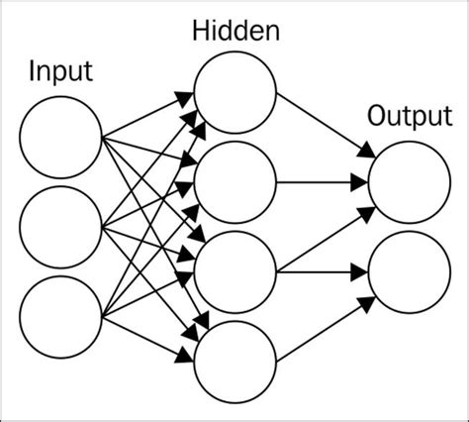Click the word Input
coord(60,72)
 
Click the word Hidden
coord(234,31)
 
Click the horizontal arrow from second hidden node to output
coord(322,183)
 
